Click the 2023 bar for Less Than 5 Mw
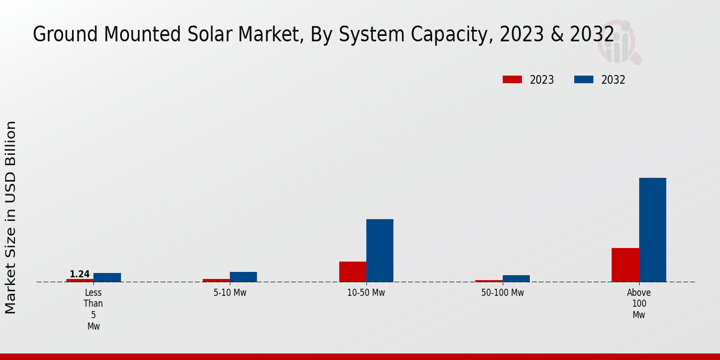[80, 280]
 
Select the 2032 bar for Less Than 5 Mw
[107, 277]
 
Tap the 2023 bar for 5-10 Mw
[216, 280]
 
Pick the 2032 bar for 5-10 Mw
[244, 277]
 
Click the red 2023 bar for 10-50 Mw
[353, 272]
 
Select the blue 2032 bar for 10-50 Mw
[380, 250]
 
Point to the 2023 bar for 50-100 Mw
[489, 281]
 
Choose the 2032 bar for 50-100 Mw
[516, 278]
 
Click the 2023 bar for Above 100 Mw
[625, 265]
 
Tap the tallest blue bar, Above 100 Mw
[652, 230]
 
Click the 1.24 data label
[80, 274]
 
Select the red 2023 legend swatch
[512, 80]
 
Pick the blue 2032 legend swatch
[584, 80]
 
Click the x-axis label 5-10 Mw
[230, 293]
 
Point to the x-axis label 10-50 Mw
[366, 293]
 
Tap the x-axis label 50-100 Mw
[502, 293]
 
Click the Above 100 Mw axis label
[639, 304]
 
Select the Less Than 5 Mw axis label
[93, 309]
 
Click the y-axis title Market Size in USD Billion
[11, 217]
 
